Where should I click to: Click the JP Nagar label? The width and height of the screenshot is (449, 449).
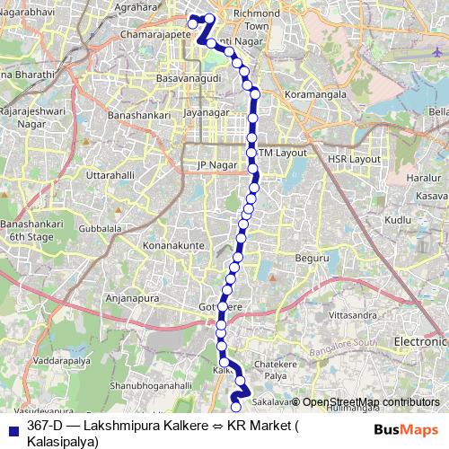215,165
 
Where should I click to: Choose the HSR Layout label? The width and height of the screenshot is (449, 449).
354,158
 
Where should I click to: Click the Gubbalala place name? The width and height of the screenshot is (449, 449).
100,229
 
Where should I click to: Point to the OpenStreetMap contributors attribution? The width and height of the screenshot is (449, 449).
371,402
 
